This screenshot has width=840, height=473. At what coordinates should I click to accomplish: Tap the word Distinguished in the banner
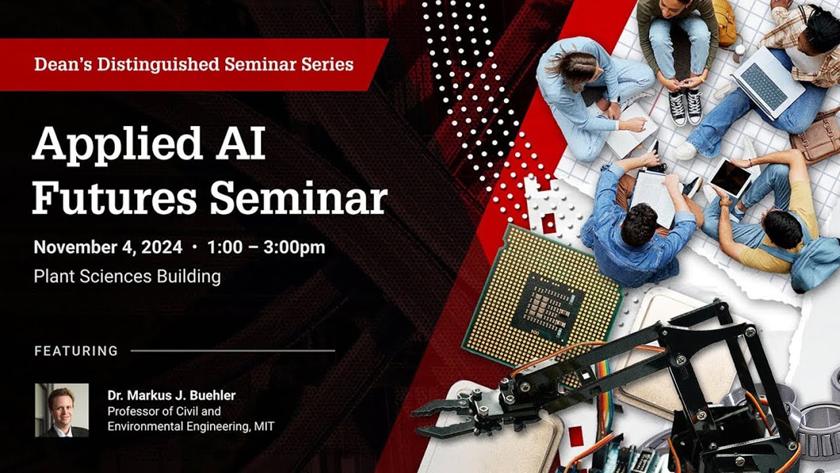tap(158, 64)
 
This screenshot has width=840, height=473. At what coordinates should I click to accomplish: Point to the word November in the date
tap(75, 248)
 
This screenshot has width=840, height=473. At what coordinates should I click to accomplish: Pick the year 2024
tap(161, 248)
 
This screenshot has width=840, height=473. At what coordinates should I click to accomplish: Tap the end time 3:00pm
tap(295, 248)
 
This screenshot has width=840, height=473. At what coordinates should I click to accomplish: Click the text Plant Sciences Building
tap(127, 277)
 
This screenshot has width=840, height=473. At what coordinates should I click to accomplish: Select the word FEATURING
tap(76, 351)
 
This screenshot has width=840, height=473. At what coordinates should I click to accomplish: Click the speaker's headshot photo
tap(62, 410)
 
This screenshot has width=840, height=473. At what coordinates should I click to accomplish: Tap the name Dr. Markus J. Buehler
tap(171, 395)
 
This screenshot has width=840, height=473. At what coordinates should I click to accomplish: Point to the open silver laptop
tap(767, 83)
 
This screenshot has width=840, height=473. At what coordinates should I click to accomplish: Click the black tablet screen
tap(731, 177)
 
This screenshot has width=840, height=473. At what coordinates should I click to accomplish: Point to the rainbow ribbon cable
tap(604, 390)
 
